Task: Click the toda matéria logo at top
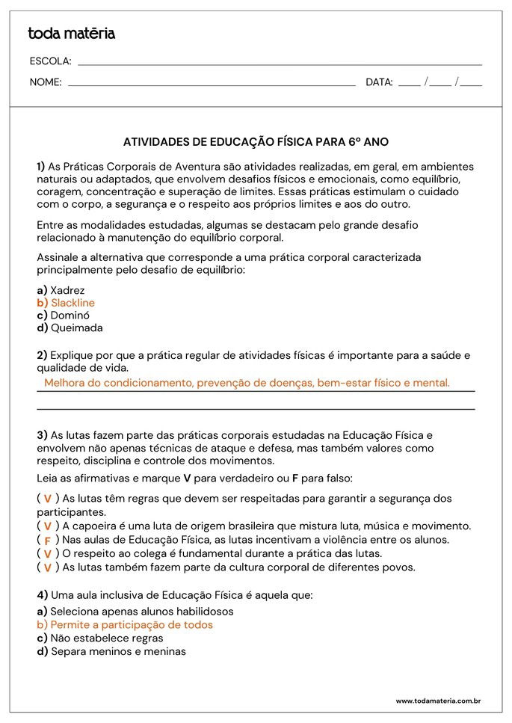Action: pos(71,34)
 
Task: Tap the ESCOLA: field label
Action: pos(50,61)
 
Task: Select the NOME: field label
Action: pos(46,82)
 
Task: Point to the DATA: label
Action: pos(379,82)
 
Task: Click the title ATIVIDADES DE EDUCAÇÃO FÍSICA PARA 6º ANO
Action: pos(256,141)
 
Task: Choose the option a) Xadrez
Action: pos(61,290)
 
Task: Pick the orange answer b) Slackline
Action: pos(66,303)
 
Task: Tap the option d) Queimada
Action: pos(70,327)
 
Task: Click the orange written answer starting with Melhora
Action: pos(247,383)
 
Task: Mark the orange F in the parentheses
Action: pos(47,541)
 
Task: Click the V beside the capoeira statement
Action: pos(47,526)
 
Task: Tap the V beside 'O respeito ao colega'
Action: pos(47,554)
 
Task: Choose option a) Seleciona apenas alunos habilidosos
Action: pos(135,611)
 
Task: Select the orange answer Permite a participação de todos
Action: pos(125,624)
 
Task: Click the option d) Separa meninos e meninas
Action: pos(111,651)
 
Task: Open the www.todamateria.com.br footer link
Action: pos(438,701)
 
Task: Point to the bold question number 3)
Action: pos(42,434)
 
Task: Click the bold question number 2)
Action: pos(42,355)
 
